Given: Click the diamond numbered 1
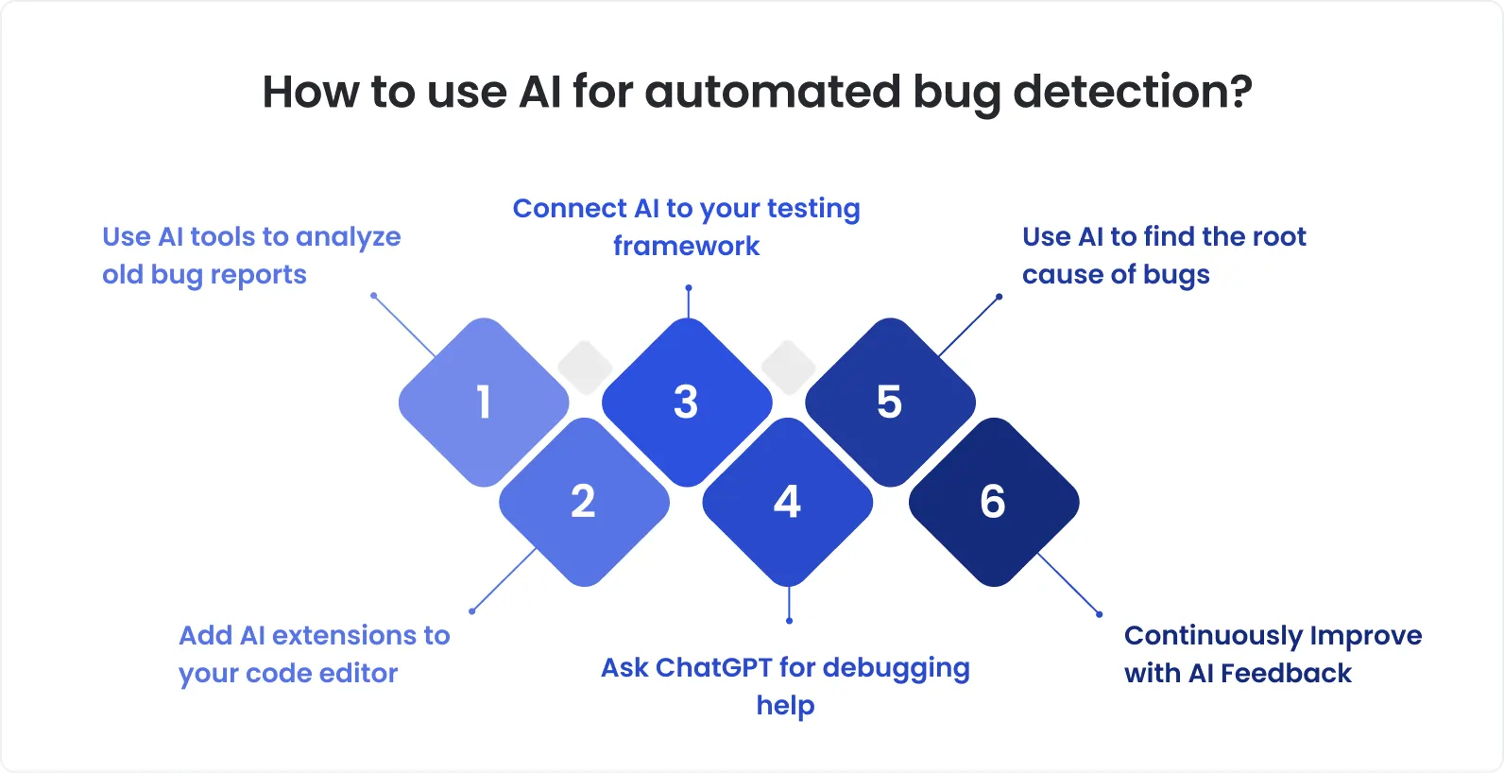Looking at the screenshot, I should coord(484,403).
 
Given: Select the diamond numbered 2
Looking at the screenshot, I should coord(584,502).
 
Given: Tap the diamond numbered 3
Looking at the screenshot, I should coord(687,403).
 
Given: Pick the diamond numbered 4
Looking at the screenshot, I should coord(787,502).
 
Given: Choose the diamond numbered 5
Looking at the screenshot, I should coord(890,403).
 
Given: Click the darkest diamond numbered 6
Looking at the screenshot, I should coord(993,502).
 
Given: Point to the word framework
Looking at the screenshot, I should coord(686,247).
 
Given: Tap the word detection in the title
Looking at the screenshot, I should coord(1132,93).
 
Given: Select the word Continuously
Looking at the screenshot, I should coord(1190,636).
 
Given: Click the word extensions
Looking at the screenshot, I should coord(346,636).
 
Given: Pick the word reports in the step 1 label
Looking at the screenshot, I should coord(258,275).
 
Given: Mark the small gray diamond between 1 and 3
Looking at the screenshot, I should coord(586,367).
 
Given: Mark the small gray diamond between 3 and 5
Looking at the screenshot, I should coord(789,367).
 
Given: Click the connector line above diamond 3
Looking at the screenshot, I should coord(689,302).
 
